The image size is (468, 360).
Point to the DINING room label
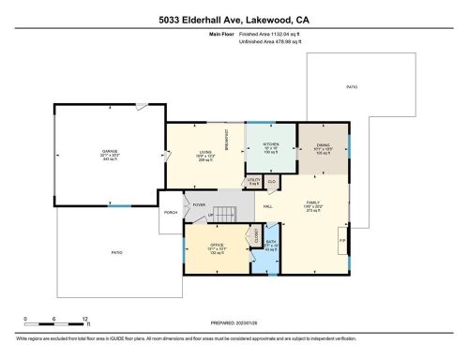tap(324, 145)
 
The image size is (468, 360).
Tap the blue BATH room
tap(271, 246)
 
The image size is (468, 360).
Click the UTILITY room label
tap(254, 179)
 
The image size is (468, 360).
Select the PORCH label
tap(171, 212)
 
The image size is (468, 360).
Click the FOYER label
tap(199, 204)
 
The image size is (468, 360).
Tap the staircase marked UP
tap(222, 215)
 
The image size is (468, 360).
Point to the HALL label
tap(268, 205)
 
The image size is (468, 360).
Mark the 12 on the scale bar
tap(85, 320)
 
